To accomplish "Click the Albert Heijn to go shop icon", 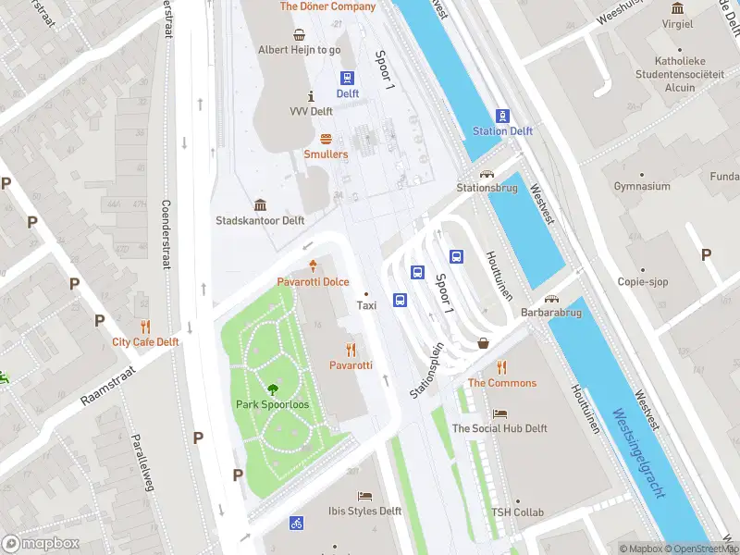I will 300,35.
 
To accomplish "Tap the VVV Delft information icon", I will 311,96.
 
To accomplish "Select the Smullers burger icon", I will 326,139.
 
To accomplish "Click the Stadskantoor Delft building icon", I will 260,205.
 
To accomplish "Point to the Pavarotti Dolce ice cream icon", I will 313,265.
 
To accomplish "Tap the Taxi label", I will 366,304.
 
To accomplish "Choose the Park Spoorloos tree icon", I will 273,389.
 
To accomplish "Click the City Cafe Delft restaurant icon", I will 145,326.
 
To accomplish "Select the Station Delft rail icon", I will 502,116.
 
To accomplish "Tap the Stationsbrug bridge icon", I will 486,173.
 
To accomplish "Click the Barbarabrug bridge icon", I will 552,299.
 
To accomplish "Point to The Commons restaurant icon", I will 501,367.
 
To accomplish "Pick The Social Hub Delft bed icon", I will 499,413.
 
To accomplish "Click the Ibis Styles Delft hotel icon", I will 364,496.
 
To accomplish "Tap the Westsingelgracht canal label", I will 638,453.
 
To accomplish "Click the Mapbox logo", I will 40,544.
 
